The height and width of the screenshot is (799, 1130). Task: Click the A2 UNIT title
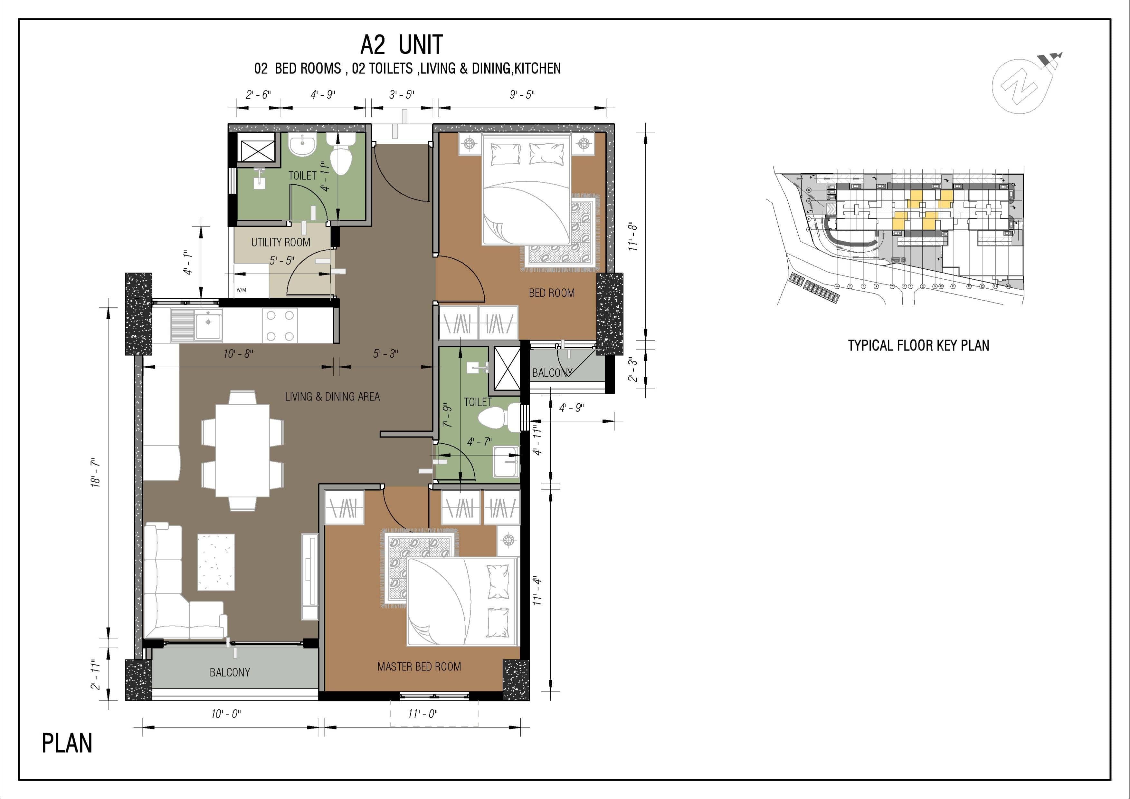401,45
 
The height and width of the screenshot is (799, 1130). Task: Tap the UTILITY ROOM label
280,242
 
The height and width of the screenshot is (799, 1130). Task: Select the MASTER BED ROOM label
419,667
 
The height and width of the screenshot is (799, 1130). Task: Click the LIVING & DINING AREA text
332,396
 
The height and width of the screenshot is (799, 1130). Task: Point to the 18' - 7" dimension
95,473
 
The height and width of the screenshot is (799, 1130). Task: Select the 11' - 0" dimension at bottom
422,714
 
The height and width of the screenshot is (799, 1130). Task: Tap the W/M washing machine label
241,290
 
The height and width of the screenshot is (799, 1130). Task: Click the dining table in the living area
242,450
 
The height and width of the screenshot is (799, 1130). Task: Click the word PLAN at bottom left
67,743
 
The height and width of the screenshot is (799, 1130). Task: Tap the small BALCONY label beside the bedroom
552,373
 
